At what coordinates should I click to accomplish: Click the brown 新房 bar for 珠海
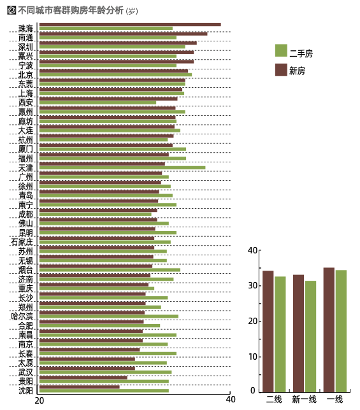(130, 25)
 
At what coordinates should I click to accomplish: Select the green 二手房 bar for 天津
(122, 167)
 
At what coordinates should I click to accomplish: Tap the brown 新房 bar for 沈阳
(80, 386)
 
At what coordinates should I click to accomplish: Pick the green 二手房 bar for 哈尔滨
(109, 316)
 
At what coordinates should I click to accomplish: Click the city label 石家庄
(22, 242)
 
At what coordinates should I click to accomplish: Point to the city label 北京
(25, 74)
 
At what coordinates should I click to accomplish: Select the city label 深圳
(25, 47)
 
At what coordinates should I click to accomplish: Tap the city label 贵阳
(25, 381)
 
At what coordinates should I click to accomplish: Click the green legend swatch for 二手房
(281, 50)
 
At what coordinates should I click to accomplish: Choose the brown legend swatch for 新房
(281, 70)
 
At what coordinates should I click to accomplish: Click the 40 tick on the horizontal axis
(231, 400)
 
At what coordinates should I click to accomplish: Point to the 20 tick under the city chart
(40, 400)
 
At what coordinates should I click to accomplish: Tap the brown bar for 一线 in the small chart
(329, 330)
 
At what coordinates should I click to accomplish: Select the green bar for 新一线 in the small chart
(310, 336)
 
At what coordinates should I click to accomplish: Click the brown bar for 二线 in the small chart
(268, 331)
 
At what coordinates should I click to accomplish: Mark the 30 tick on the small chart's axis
(253, 285)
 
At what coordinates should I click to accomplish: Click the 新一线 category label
(304, 400)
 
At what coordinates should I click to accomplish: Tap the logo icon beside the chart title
(11, 10)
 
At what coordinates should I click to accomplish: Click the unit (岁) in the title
(132, 11)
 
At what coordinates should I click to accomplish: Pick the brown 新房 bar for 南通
(123, 34)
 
